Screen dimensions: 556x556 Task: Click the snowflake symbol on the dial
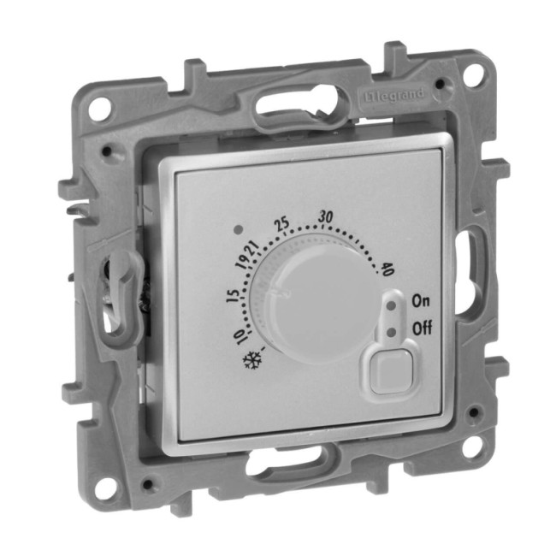(x=250, y=361)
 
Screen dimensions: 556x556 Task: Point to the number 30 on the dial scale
(x=326, y=217)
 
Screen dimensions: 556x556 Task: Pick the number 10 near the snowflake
(x=241, y=336)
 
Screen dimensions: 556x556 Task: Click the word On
(x=421, y=301)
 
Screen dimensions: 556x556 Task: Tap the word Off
(x=422, y=328)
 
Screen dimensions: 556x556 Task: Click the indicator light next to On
(x=392, y=305)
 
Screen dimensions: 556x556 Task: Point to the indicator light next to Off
(x=392, y=332)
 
